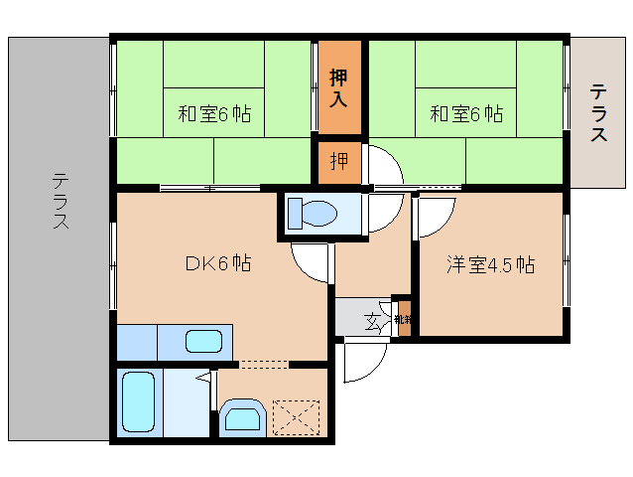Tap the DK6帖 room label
[217, 263]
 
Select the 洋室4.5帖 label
[490, 265]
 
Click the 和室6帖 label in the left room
[214, 114]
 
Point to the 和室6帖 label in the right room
[466, 114]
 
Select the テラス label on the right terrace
[599, 113]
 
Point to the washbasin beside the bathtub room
[241, 415]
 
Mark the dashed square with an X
[296, 415]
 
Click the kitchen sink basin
[203, 342]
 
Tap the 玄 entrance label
[373, 320]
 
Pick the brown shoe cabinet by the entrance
[402, 319]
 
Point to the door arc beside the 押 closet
[384, 164]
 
